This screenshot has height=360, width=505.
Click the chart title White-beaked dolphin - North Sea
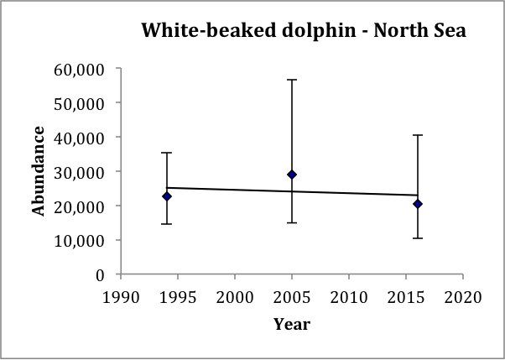(303, 31)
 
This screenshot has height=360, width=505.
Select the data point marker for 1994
(167, 196)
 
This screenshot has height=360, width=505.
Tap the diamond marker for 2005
(292, 175)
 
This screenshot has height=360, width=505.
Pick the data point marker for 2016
(418, 204)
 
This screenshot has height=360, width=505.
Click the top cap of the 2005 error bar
(292, 80)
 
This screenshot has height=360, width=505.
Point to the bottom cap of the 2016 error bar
(418, 238)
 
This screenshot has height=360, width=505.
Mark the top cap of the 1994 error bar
(167, 153)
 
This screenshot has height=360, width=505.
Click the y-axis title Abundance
(39, 171)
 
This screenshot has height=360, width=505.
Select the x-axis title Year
(292, 324)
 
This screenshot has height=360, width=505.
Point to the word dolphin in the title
(305, 31)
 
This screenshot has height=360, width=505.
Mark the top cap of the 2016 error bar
(418, 134)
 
